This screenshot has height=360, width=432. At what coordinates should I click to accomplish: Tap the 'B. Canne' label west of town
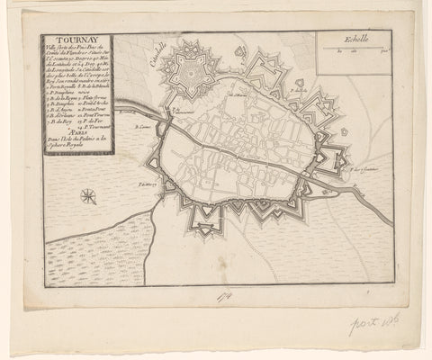tap(141, 129)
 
